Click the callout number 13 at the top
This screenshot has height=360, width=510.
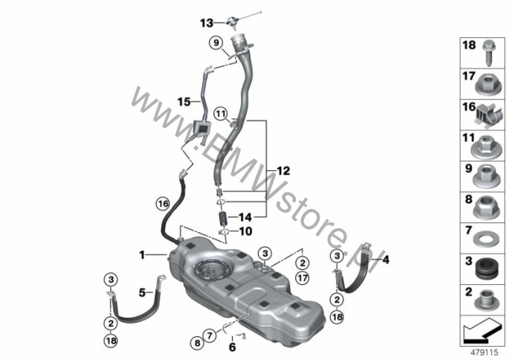tap(207, 23)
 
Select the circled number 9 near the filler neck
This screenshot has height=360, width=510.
tap(216, 42)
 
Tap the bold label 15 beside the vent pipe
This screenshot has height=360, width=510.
tap(184, 102)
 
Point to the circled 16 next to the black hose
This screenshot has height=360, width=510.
tap(163, 204)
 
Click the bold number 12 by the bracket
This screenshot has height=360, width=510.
tap(283, 171)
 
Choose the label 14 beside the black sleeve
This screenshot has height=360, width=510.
tap(245, 216)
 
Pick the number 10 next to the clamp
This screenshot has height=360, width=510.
tap(245, 231)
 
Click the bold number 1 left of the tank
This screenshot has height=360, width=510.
tap(142, 255)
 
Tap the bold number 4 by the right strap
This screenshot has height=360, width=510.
tap(386, 260)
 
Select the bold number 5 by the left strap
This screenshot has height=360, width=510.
tap(142, 292)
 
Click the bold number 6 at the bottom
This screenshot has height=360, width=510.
tap(232, 347)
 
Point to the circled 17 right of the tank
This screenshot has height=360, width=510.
tap(303, 278)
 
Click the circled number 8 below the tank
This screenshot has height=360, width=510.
tap(198, 343)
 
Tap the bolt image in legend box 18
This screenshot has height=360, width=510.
tap(488, 54)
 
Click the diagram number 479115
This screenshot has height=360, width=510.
tap(485, 352)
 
